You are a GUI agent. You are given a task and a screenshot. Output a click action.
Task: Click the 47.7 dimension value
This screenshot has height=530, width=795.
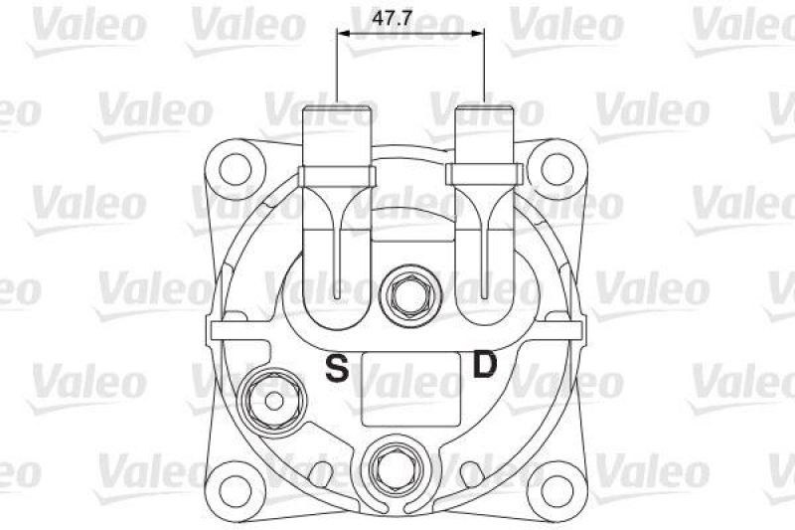pos(411,17)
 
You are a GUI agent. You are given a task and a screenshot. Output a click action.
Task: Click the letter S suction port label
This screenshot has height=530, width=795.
pos(338,370)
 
